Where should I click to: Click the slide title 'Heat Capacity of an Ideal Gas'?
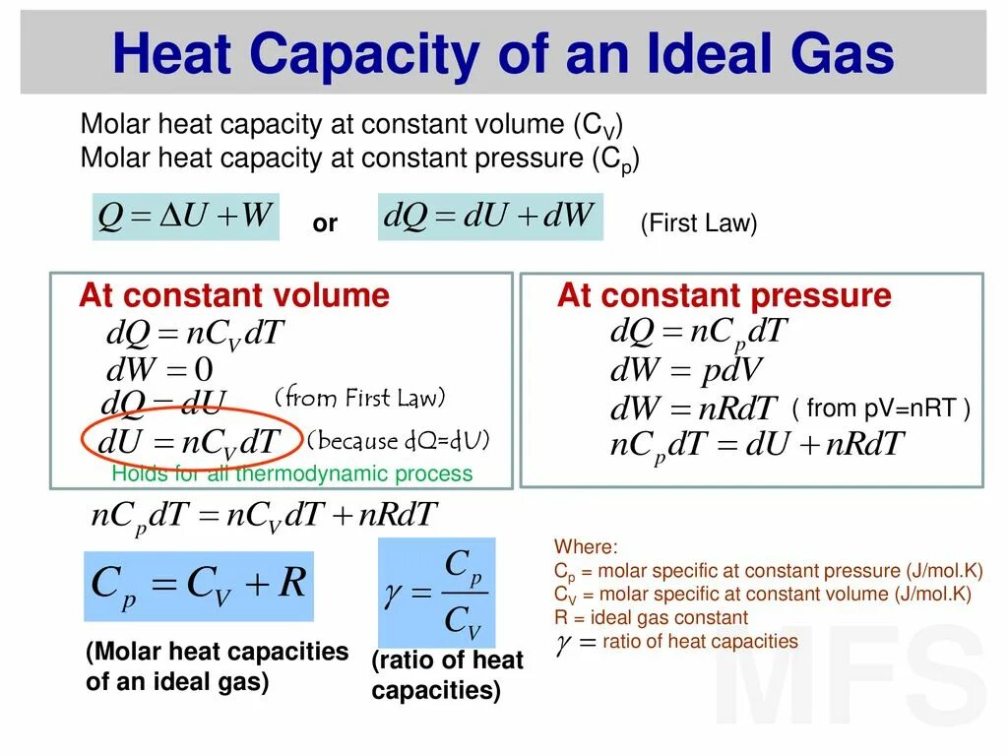point(503,54)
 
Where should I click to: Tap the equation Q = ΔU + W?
point(186,216)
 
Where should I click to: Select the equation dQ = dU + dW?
point(490,217)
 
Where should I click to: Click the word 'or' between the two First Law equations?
point(325,224)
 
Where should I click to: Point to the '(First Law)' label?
point(699,224)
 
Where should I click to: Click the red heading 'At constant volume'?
point(234,295)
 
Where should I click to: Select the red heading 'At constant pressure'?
point(724,295)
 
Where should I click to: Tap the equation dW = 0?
point(158,370)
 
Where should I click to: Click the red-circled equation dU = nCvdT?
point(190,442)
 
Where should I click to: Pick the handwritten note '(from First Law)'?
point(360,399)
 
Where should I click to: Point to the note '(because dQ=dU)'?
point(399,440)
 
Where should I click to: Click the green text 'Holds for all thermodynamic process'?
point(292,474)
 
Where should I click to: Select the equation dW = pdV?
point(686,370)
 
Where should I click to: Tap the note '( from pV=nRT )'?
point(881,409)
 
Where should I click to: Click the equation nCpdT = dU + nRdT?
point(756,445)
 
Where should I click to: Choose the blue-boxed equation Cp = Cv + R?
point(199,585)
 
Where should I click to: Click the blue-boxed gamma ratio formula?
point(436,593)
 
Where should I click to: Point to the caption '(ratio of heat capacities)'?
point(447,675)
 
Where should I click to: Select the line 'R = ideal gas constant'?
point(651,618)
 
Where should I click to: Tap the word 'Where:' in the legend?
point(586,547)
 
